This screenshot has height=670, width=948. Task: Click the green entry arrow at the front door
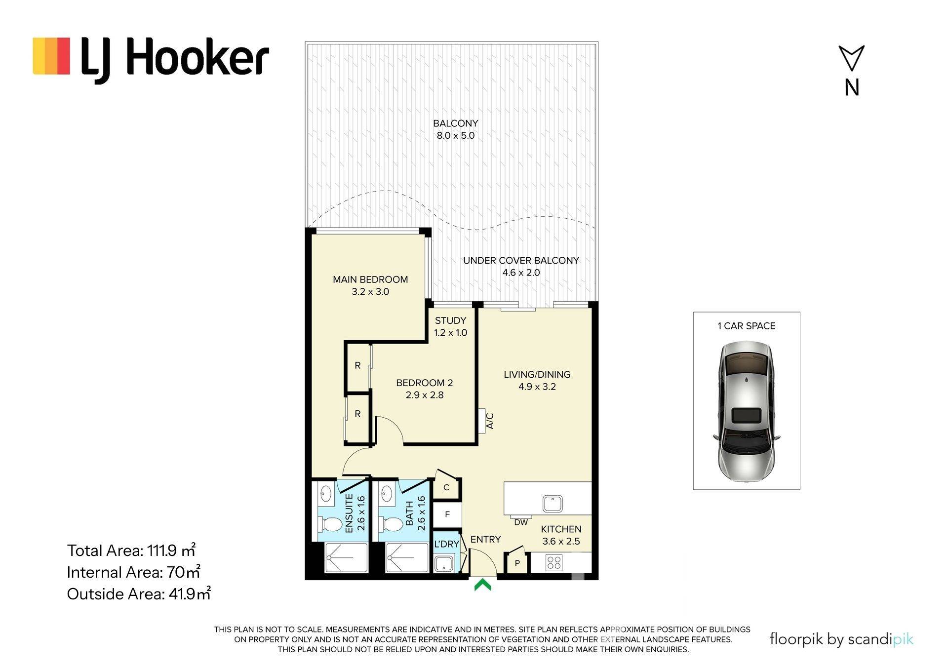click(482, 585)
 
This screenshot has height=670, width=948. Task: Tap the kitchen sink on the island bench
click(553, 504)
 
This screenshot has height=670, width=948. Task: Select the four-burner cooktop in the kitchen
click(554, 563)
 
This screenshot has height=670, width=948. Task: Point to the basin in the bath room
click(387, 493)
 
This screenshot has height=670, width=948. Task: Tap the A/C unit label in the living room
click(490, 421)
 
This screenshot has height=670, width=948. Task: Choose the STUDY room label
click(450, 320)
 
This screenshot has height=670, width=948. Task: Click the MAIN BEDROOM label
click(370, 279)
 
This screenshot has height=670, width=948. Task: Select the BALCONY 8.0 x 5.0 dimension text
click(455, 135)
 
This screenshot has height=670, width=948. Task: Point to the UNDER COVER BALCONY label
click(521, 260)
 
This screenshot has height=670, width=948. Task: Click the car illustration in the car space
click(747, 412)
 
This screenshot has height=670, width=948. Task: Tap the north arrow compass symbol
click(851, 58)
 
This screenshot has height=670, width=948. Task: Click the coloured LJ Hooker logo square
click(51, 56)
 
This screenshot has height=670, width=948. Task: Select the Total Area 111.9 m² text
click(131, 550)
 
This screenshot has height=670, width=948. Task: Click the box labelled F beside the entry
click(447, 514)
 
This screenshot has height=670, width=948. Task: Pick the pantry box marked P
click(517, 563)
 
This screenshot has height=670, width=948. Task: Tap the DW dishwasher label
click(521, 522)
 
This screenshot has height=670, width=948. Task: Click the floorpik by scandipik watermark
click(841, 639)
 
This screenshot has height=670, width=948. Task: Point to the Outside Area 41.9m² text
click(139, 593)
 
